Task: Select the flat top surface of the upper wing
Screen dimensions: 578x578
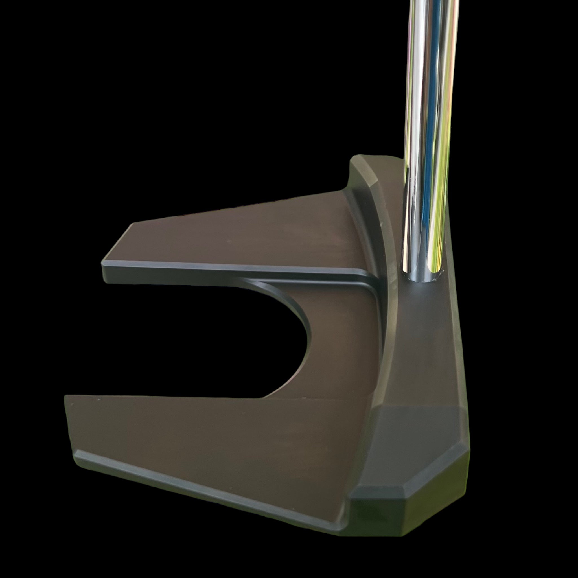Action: (x=239, y=236)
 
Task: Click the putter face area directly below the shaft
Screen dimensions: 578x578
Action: (x=425, y=344)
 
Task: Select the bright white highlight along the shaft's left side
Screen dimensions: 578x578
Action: (x=411, y=120)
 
